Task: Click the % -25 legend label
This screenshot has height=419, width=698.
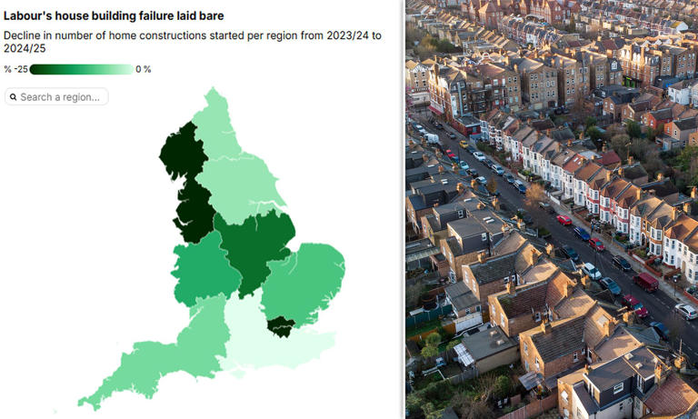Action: tap(15, 69)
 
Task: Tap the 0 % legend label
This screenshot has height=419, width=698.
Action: tap(144, 69)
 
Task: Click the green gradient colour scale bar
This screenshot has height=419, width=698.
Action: tap(81, 69)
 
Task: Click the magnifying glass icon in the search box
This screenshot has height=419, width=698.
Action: tap(13, 96)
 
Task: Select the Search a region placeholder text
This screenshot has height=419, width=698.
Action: tap(60, 96)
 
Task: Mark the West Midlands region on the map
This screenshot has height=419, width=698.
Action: tap(204, 268)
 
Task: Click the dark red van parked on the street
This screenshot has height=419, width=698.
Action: tap(645, 282)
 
